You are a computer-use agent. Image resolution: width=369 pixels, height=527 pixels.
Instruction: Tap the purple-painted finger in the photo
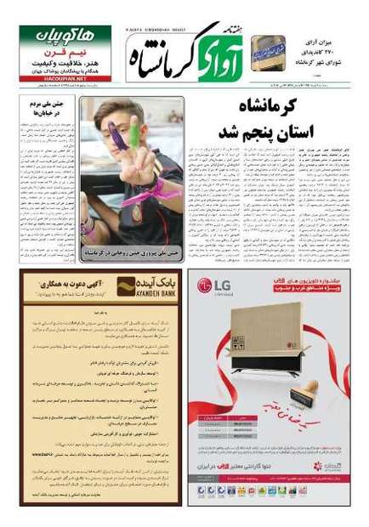click(116, 135)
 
